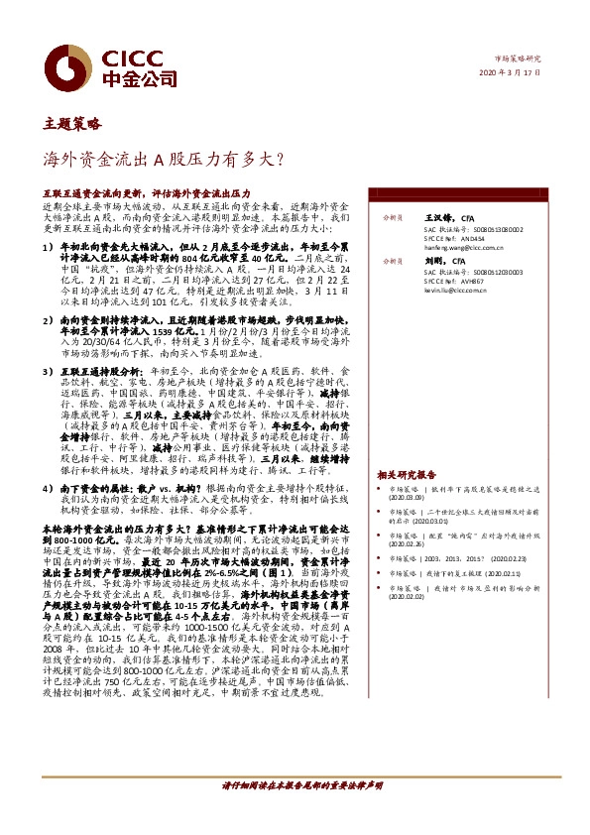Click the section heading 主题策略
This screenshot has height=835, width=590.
coord(72,125)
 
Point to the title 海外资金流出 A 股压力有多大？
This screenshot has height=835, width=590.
coord(164,158)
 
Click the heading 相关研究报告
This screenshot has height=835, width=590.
coord(407,475)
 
